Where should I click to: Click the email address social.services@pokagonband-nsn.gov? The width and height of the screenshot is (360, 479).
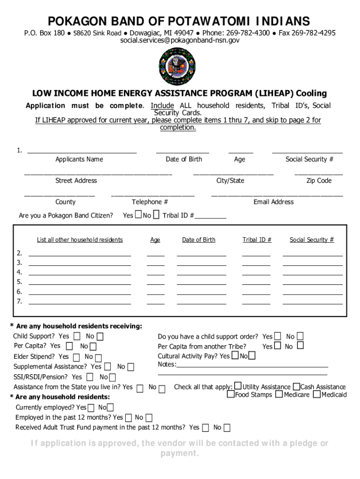click(180, 41)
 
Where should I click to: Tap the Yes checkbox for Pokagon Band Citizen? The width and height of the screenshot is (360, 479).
click(138, 215)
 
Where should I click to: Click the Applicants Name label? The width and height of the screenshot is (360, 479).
click(79, 160)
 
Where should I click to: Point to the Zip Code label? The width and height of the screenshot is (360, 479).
click(319, 181)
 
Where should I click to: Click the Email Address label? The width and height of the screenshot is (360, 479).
click(274, 202)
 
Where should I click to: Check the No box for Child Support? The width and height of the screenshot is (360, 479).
click(100, 336)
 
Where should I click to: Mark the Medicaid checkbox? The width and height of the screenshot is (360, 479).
click(317, 394)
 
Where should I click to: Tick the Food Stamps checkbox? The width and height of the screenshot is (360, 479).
click(230, 394)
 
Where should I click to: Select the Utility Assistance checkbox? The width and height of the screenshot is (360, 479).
click(238, 386)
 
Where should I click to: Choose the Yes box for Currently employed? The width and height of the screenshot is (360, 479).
click(91, 408)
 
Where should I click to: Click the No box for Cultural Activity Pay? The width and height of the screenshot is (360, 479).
click(252, 356)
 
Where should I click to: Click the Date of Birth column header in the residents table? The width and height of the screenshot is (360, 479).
click(199, 240)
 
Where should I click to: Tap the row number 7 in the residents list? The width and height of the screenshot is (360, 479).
click(19, 301)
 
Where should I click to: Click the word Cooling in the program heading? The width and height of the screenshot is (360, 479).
click(311, 94)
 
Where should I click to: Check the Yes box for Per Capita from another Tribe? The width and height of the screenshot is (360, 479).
click(277, 346)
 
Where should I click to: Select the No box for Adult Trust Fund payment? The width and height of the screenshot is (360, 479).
click(227, 428)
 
